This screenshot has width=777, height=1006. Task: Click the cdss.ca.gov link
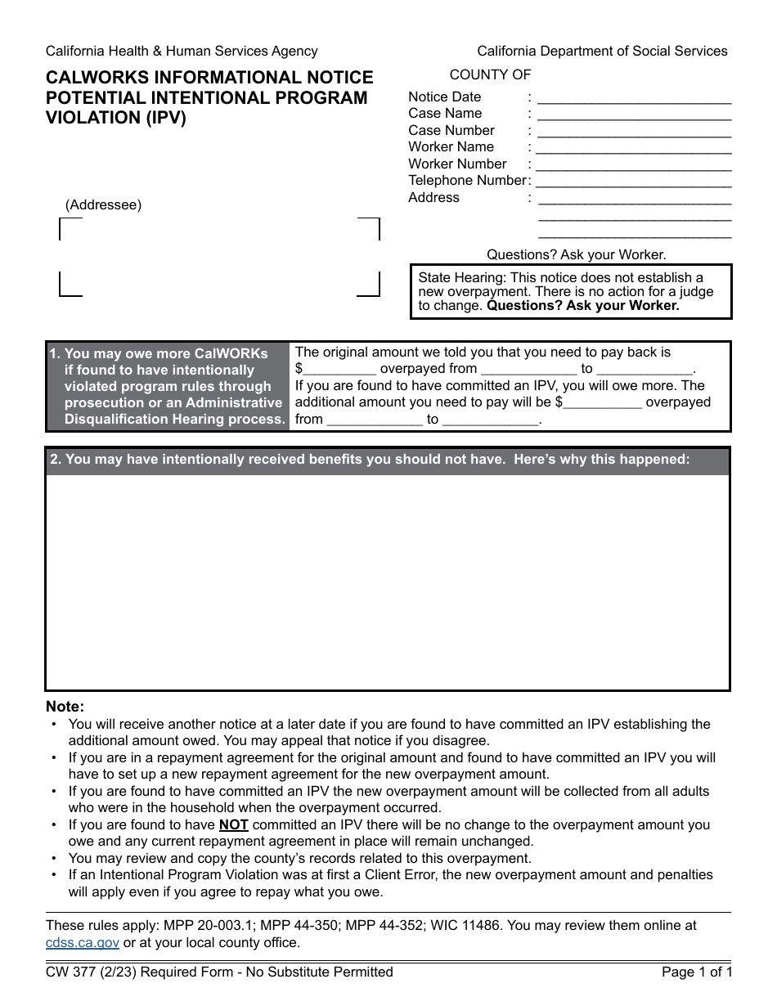pyautogui.click(x=83, y=942)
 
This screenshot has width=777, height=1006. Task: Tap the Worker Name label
pyautogui.click(x=451, y=147)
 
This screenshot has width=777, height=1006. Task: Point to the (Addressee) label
pyautogui.click(x=103, y=205)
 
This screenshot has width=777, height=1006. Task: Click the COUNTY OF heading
pyautogui.click(x=490, y=75)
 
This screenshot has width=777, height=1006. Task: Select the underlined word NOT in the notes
pyautogui.click(x=233, y=825)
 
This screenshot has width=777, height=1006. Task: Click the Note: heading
pyautogui.click(x=65, y=707)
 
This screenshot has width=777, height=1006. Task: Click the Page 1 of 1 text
pyautogui.click(x=696, y=972)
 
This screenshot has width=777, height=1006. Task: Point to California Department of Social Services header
pyautogui.click(x=602, y=52)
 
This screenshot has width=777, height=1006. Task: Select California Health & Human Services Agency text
pyautogui.click(x=182, y=52)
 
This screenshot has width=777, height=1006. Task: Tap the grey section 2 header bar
pyautogui.click(x=388, y=460)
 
